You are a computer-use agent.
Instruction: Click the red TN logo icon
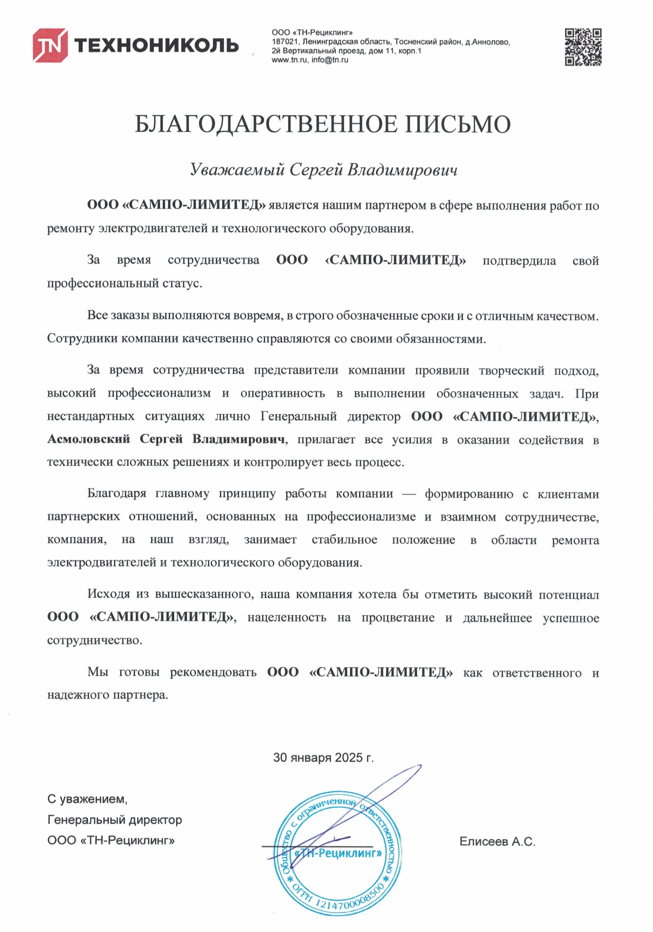pyautogui.click(x=50, y=45)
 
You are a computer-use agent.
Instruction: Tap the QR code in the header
pyautogui.click(x=583, y=47)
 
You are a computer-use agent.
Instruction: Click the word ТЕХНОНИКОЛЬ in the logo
pyautogui.click(x=156, y=45)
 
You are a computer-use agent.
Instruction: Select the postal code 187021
pyautogui.click(x=285, y=42)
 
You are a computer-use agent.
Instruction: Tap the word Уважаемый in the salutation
pyautogui.click(x=237, y=170)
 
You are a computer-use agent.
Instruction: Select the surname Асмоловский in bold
pyautogui.click(x=89, y=439)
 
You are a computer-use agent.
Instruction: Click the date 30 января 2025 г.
pyautogui.click(x=323, y=757)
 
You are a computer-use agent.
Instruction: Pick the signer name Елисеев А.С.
pyautogui.click(x=497, y=841)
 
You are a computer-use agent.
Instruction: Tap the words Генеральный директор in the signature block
pyautogui.click(x=115, y=820)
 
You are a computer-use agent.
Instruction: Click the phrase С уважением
pyautogui.click(x=87, y=799)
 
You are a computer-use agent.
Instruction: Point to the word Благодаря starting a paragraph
pyautogui.click(x=117, y=494)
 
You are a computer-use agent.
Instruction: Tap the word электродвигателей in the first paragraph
pyautogui.click(x=152, y=228)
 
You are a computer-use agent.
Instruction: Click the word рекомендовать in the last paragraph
pyautogui.click(x=213, y=672)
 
